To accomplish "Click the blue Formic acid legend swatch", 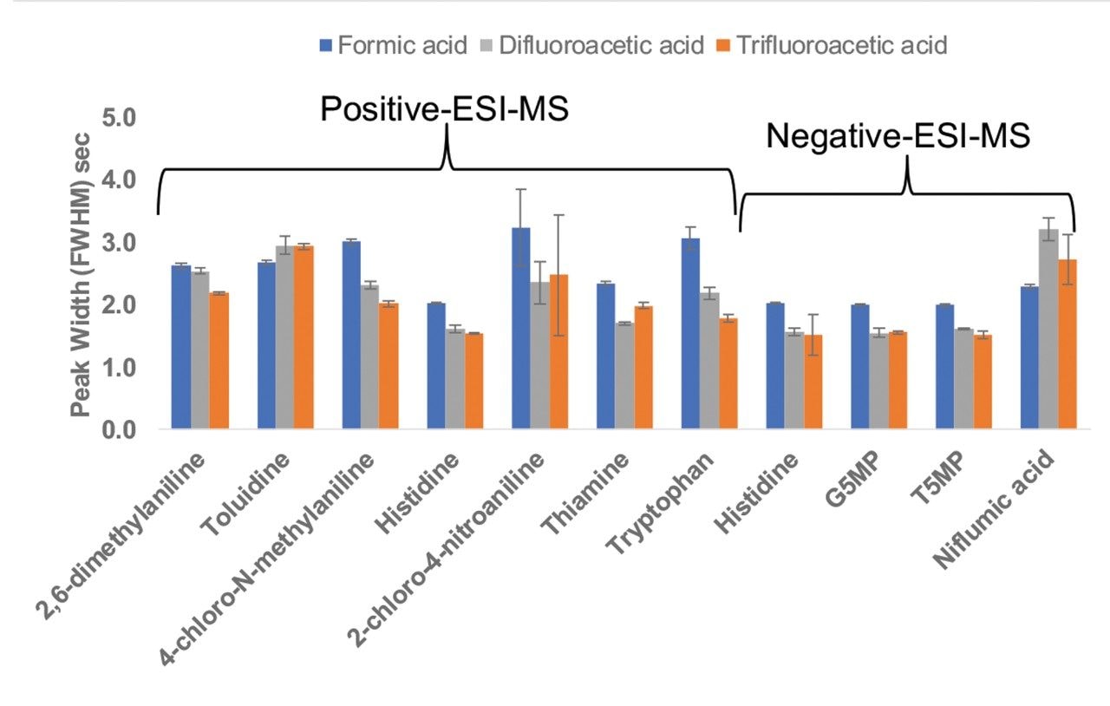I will click(x=327, y=44).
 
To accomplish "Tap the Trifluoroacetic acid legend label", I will click(x=841, y=44).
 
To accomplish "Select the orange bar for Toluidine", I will click(x=304, y=337).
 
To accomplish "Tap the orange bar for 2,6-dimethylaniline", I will click(x=219, y=361).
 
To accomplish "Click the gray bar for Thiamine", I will click(x=624, y=376).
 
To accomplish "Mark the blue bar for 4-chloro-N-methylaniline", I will click(x=351, y=335).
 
